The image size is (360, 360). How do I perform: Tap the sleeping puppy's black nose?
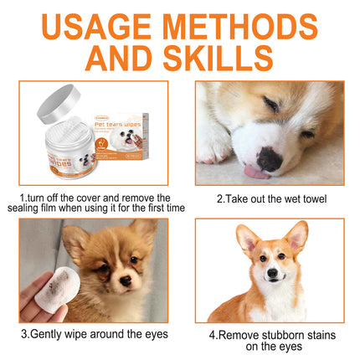tap(268, 158)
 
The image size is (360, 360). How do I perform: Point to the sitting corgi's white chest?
tap(270, 306)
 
